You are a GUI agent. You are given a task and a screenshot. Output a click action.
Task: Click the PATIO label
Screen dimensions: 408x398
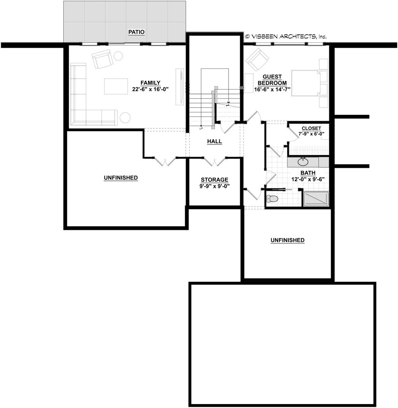[x=136, y=32]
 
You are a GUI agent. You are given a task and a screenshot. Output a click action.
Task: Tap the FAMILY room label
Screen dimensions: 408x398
[x=150, y=83]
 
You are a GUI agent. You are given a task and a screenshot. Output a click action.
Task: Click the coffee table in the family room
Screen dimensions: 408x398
[x=116, y=86]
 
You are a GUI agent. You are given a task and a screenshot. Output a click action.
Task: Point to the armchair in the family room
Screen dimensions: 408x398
[x=102, y=59]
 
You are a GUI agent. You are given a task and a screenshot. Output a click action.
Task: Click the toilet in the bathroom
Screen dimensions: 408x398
[x=272, y=199]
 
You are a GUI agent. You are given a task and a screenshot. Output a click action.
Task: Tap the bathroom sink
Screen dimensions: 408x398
[x=302, y=162]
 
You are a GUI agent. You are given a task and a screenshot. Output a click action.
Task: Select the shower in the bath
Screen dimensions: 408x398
[x=316, y=199]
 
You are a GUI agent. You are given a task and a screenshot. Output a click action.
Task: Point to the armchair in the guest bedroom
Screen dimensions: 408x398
[x=257, y=59]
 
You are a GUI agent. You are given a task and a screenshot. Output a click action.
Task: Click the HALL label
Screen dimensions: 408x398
[x=215, y=142]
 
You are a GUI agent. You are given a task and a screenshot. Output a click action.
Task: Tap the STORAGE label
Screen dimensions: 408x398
[x=215, y=180]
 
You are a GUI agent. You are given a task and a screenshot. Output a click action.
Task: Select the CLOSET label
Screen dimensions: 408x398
[x=311, y=128]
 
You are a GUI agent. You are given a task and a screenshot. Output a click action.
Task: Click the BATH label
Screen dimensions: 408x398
[x=308, y=173]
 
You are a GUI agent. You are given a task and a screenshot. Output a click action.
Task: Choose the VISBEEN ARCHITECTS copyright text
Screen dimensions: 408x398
[x=286, y=36]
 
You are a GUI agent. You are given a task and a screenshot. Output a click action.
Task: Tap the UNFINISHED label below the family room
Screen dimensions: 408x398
[x=120, y=178]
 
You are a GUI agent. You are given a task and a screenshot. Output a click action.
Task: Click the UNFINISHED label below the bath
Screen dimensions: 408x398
[x=287, y=240]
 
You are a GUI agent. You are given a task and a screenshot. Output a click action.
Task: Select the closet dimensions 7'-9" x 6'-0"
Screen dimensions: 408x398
[x=311, y=134]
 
